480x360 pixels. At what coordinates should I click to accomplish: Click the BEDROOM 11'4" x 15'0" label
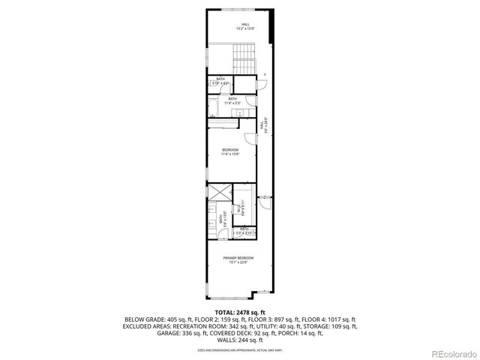coord(229,152)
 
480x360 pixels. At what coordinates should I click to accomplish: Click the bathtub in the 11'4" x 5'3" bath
coord(213,109)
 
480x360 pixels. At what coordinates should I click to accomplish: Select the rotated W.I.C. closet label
coord(241,209)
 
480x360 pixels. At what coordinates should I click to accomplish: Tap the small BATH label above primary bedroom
coord(244,231)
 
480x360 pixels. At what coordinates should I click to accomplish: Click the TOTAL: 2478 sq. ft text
coord(239,311)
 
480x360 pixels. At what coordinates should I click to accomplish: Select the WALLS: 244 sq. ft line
coord(239,340)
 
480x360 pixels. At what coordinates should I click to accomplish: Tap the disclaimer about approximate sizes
coord(239,349)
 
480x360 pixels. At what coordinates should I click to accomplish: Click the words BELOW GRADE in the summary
coord(140,319)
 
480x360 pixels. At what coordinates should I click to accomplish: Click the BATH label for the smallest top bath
coord(220,79)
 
